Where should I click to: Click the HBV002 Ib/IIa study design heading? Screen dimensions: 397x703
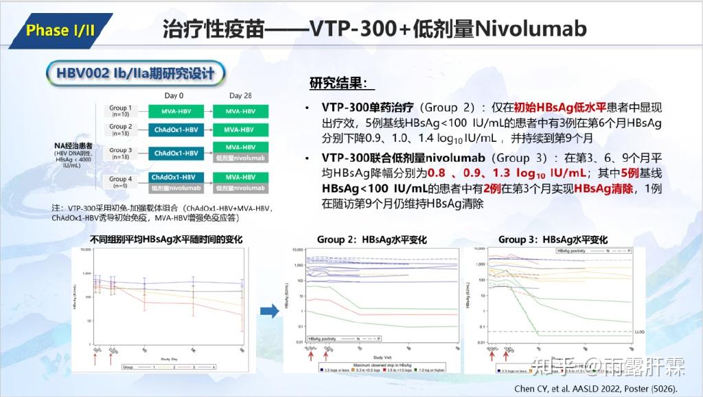coord(135,73)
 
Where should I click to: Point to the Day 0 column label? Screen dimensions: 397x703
coord(174,96)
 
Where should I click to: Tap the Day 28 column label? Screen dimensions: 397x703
coord(240,96)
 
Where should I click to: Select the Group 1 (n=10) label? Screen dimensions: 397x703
coord(121,111)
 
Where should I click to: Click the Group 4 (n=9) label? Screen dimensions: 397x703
coord(121,182)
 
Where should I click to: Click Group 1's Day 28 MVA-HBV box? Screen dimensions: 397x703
coord(240,111)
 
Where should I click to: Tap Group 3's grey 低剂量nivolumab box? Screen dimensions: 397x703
coord(240,158)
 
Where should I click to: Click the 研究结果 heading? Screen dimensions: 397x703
coord(342,84)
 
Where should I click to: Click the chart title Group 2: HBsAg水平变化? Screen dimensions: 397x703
coord(371,240)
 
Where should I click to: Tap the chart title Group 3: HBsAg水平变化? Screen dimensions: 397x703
coord(553,240)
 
